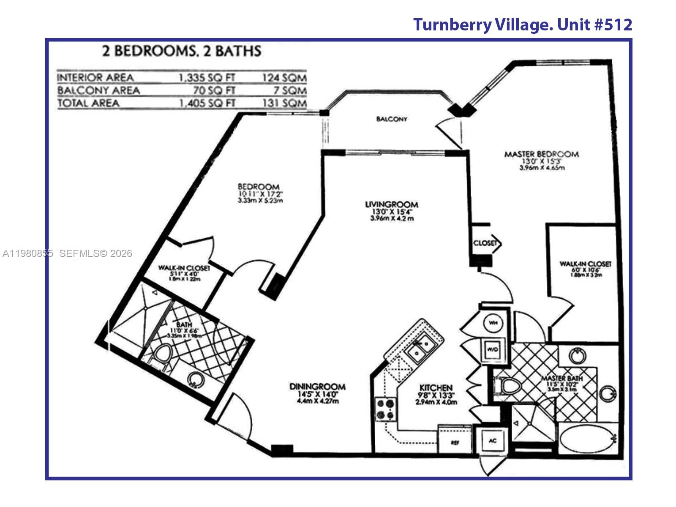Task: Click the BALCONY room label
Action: point(392,119)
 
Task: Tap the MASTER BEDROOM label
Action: point(541,154)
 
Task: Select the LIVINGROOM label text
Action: point(392,205)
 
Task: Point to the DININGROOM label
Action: point(317,387)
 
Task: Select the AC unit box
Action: point(492,441)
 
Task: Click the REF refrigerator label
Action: point(455,443)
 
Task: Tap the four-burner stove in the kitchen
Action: point(386,409)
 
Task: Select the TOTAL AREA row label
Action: point(88,103)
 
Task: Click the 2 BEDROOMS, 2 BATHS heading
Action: point(182,51)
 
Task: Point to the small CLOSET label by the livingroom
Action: point(485,243)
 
